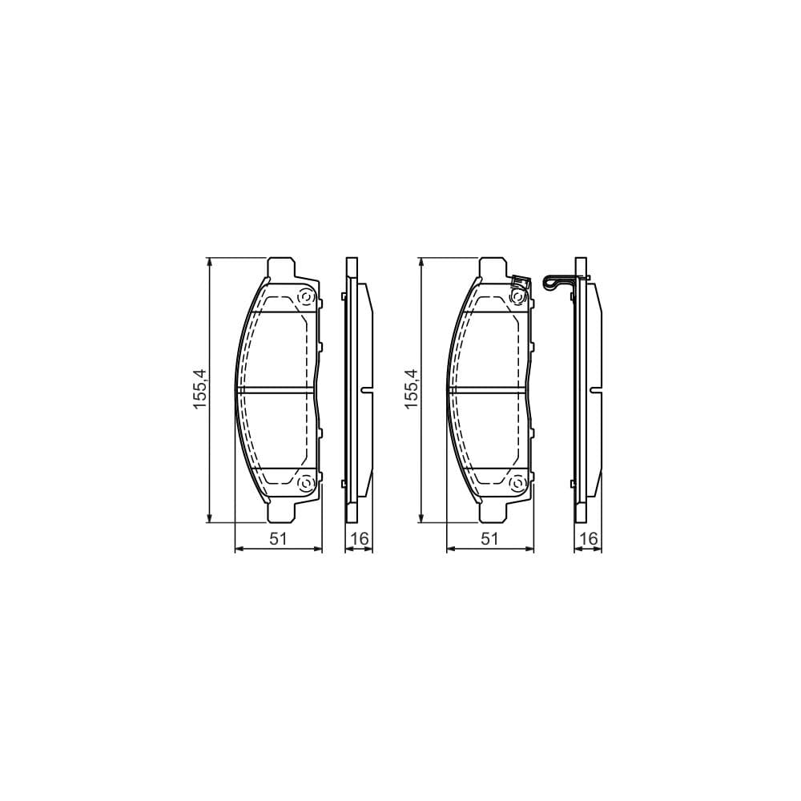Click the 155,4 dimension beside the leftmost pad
pos(199,390)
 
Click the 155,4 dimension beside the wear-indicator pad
pos(412,390)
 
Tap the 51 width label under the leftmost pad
pos(277,539)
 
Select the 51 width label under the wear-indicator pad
pos(489,539)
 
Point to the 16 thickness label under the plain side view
pos(360,539)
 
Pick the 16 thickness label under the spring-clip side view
pos(589,539)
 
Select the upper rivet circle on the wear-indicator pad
pos(517,297)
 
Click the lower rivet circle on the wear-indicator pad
pos(517,484)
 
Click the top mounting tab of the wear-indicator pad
pos(491,267)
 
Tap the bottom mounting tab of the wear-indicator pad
pos(491,512)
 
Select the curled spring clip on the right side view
pos(554,282)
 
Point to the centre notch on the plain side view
pos(367,391)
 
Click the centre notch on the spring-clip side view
pos(596,391)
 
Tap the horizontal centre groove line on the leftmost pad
pos(276,391)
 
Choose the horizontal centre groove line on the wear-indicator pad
pos(489,391)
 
